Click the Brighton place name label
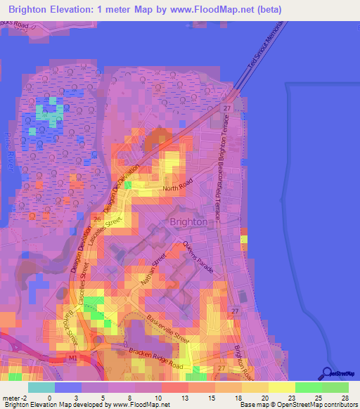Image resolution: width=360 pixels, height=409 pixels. tap(189, 221)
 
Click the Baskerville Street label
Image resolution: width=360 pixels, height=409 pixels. tap(169, 327)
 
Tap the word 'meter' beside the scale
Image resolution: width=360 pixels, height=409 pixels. tap(11, 398)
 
